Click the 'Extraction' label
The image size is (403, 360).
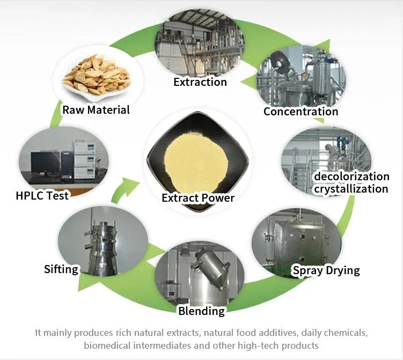(x=200, y=82)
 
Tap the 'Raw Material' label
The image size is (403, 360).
(x=96, y=110)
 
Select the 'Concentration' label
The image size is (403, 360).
(x=301, y=112)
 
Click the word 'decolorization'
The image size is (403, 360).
(x=351, y=177)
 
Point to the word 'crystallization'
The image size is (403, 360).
(x=351, y=189)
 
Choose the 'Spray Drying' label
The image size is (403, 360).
(x=326, y=270)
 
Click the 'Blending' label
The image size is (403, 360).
(x=202, y=311)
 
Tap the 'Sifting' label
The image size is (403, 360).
(x=61, y=269)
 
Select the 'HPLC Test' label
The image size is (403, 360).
(x=42, y=196)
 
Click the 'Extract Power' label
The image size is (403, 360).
(x=198, y=198)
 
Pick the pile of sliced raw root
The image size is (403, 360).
(x=98, y=74)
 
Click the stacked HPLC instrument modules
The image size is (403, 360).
(x=85, y=159)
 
